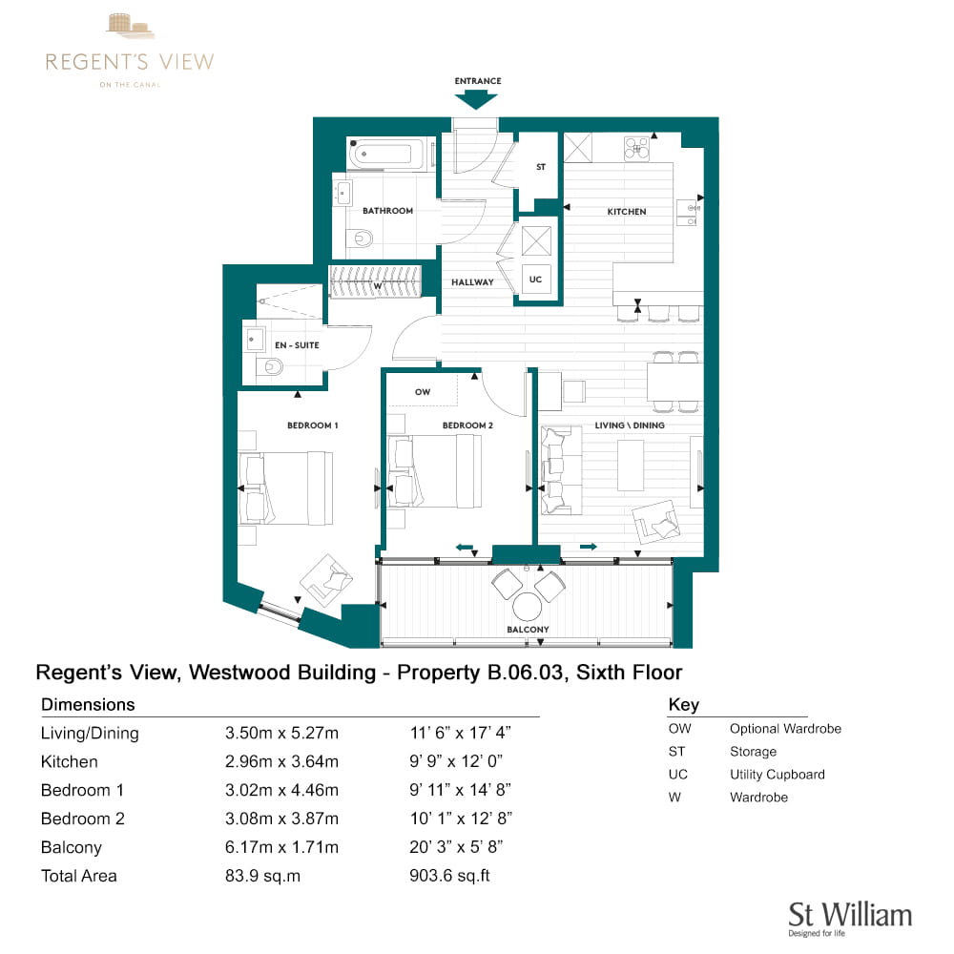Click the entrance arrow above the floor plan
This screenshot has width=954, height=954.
[476, 98]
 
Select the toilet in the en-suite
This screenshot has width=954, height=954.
[270, 367]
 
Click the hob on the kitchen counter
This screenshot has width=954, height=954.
[636, 148]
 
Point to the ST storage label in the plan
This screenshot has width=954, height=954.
[541, 167]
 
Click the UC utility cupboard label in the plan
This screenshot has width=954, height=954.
[535, 280]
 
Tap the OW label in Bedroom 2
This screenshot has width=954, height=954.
[423, 392]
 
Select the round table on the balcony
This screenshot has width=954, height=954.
[527, 606]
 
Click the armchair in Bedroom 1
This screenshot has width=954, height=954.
[326, 580]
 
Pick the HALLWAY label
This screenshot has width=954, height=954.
[472, 282]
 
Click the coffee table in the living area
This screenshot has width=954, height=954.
[631, 465]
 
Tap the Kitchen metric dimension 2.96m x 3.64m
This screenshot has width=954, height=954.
[281, 761]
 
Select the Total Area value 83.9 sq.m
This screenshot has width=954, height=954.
[263, 876]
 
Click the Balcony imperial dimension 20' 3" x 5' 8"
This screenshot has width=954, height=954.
[456, 847]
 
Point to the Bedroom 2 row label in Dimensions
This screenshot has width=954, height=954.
[83, 819]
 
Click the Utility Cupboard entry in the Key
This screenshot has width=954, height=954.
[777, 775]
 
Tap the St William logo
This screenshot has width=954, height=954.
[849, 918]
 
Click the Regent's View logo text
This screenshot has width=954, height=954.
[130, 61]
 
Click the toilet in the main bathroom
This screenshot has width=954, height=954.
[360, 237]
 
